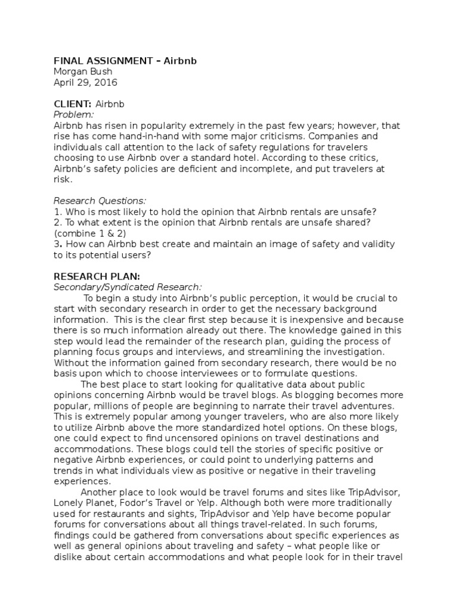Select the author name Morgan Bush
point(80,72)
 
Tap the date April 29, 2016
point(86,83)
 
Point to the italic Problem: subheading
point(74,114)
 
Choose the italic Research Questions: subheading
point(100,201)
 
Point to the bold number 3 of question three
point(57,244)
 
